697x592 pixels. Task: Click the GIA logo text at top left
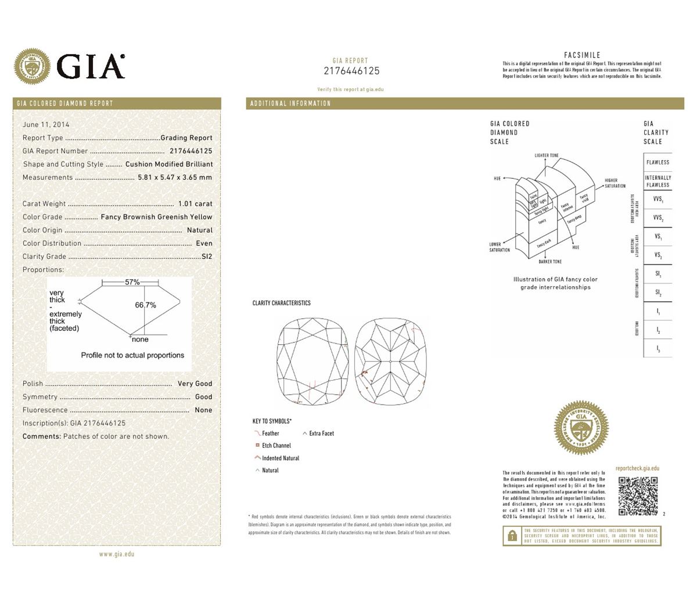coord(91,65)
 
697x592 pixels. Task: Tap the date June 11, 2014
coord(46,125)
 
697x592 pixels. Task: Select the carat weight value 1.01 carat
coord(195,204)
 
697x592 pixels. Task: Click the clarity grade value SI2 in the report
coord(207,257)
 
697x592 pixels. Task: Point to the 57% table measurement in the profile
coord(132,282)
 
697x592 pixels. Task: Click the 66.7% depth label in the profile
coord(145,305)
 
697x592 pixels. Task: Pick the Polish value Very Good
coord(195,384)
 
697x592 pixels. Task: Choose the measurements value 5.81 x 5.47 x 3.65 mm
coord(175,178)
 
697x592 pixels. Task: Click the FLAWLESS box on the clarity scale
coord(658,163)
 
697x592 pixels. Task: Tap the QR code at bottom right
coord(638,496)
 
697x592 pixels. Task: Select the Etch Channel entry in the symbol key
coord(276,446)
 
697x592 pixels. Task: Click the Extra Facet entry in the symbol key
coord(321,434)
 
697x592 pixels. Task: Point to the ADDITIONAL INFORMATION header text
coord(290,104)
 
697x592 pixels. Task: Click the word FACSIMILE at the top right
coord(582,55)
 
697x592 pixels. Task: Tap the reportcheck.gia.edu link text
coord(637,468)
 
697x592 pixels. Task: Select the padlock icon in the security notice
coord(512,536)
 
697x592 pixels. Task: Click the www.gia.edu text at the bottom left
coord(117,554)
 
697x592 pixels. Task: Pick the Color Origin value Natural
coord(200,230)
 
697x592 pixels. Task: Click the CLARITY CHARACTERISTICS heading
coord(281,303)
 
